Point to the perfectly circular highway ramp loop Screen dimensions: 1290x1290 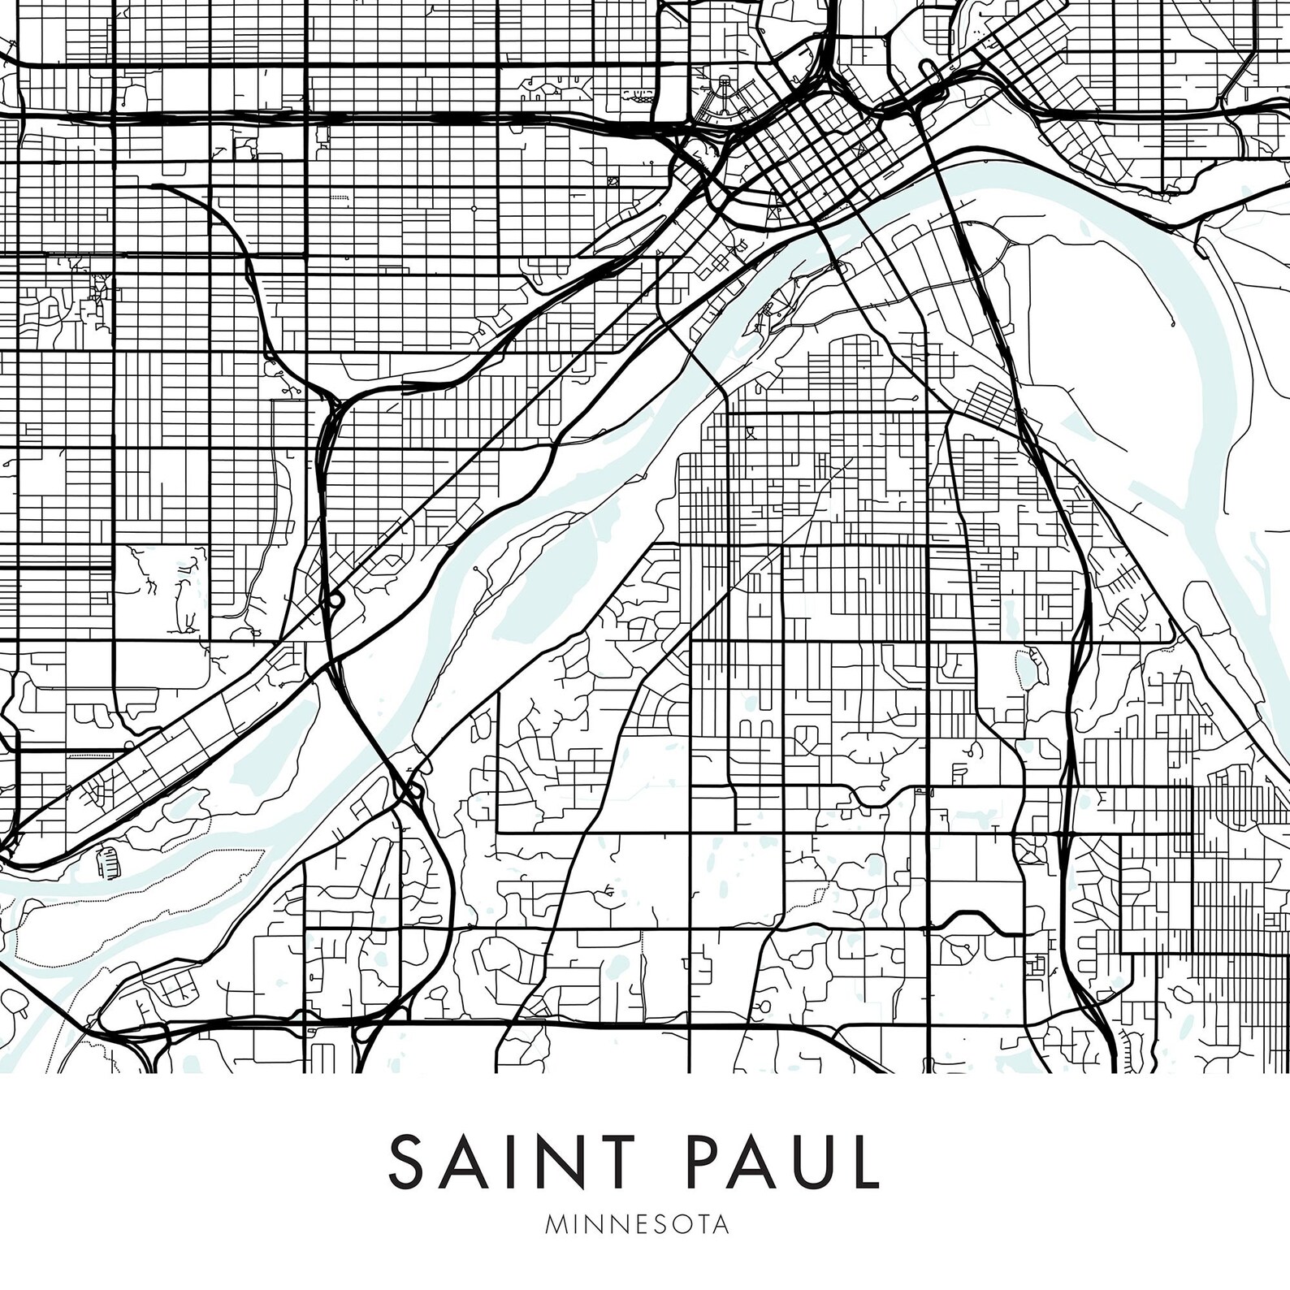point(334,600)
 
